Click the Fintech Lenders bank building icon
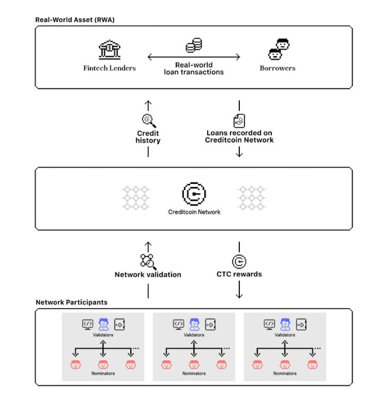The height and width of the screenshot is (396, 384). pyautogui.click(x=109, y=50)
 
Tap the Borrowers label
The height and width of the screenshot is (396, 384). pyautogui.click(x=277, y=68)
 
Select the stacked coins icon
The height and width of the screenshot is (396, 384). pyautogui.click(x=194, y=45)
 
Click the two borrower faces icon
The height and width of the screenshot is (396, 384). pyautogui.click(x=279, y=49)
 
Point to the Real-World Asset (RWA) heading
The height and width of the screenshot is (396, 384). pyautogui.click(x=75, y=19)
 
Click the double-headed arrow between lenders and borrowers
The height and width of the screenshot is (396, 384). pyautogui.click(x=194, y=57)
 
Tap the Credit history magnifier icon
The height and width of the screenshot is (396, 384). pyautogui.click(x=149, y=121)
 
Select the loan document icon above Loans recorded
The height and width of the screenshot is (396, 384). pyautogui.click(x=239, y=121)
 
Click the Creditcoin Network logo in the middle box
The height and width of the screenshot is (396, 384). pyautogui.click(x=194, y=194)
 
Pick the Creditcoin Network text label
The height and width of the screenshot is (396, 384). pyautogui.click(x=194, y=212)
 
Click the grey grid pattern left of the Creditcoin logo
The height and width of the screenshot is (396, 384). pyautogui.click(x=136, y=198)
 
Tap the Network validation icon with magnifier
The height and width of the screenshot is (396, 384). pyautogui.click(x=148, y=262)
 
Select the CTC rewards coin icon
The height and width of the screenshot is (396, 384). pyautogui.click(x=239, y=261)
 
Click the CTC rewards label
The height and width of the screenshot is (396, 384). pyautogui.click(x=239, y=274)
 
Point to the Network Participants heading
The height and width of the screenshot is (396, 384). pyautogui.click(x=72, y=302)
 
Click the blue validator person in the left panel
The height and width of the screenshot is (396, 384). pyautogui.click(x=103, y=325)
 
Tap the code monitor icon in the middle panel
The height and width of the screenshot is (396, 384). pyautogui.click(x=179, y=325)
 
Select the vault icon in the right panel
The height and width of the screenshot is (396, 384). pyautogui.click(x=301, y=325)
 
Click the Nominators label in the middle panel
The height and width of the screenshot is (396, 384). pyautogui.click(x=194, y=373)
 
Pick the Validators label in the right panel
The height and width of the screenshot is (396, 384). pyautogui.click(x=285, y=335)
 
